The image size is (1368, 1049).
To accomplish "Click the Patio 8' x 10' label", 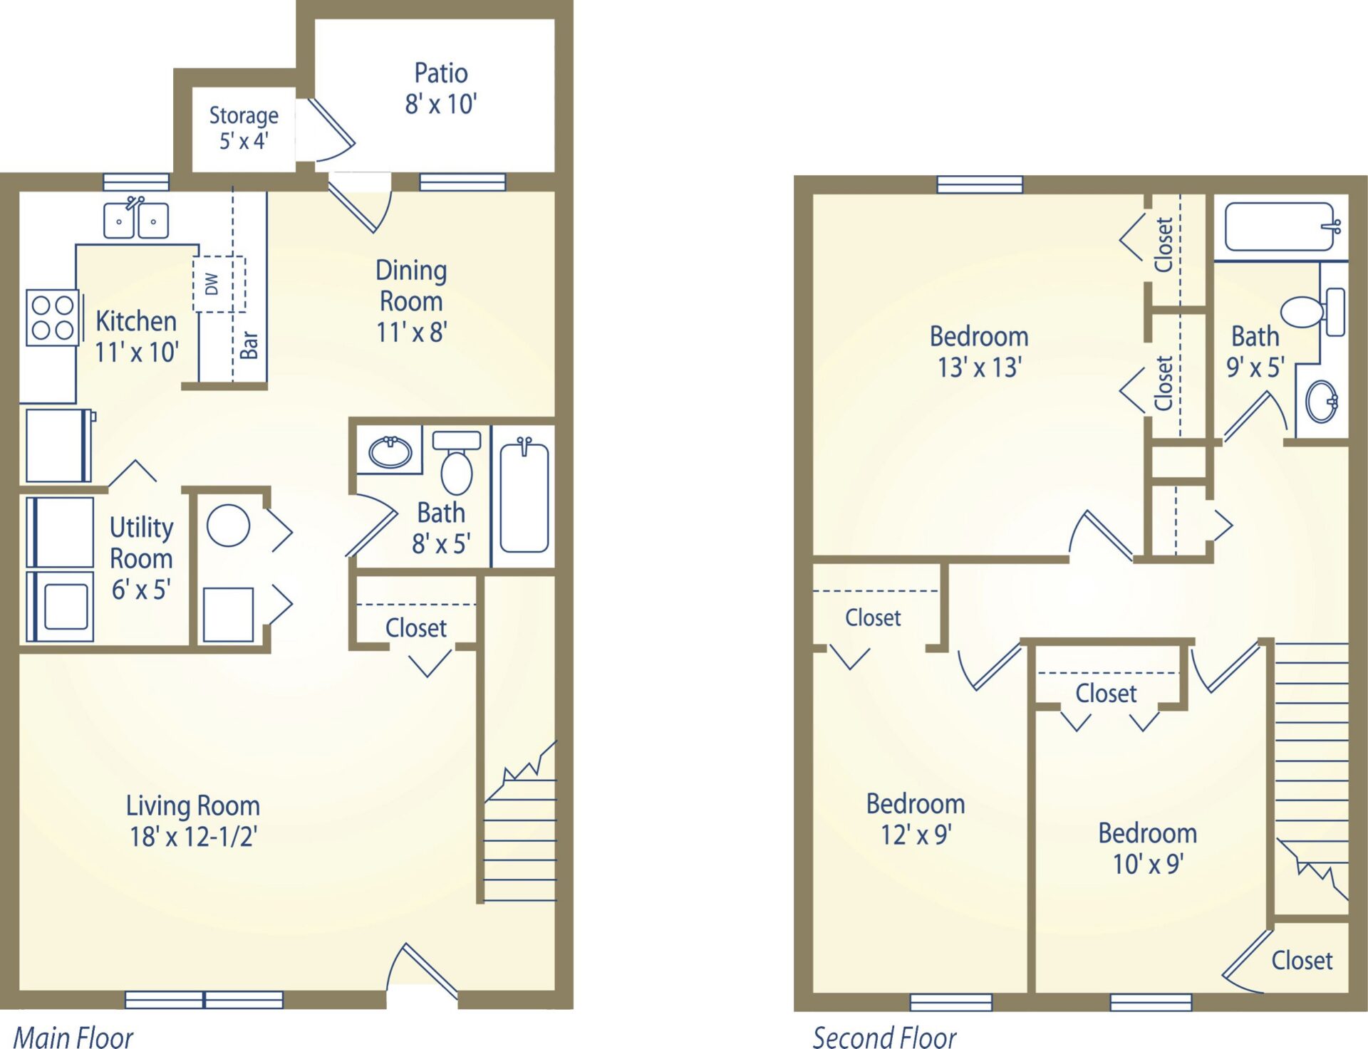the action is pos(441,88).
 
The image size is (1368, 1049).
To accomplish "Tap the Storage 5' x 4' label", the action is pos(244,127).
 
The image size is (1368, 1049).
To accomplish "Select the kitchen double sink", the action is pos(136,219).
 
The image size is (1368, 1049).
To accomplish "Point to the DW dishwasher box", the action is pos(219,284).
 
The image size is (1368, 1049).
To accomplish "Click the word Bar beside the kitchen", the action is pos(249,345).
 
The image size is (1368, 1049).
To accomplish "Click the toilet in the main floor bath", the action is pos(457,462).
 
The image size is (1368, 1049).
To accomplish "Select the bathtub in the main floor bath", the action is pos(524,496).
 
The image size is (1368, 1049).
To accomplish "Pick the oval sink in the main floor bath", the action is pos(390,452).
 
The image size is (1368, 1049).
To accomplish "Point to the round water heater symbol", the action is pos(228,526).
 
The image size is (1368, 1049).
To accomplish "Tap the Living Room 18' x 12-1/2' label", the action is pos(193,820).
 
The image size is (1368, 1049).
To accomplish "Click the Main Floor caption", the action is pos(73,1037).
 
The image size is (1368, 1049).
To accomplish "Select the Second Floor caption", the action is pos(884,1037).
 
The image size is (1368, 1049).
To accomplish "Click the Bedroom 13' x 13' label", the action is pos(979,352).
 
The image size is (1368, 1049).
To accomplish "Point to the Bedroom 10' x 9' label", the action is pos(1147,848).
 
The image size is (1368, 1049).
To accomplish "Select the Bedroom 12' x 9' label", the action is pos(916,819).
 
